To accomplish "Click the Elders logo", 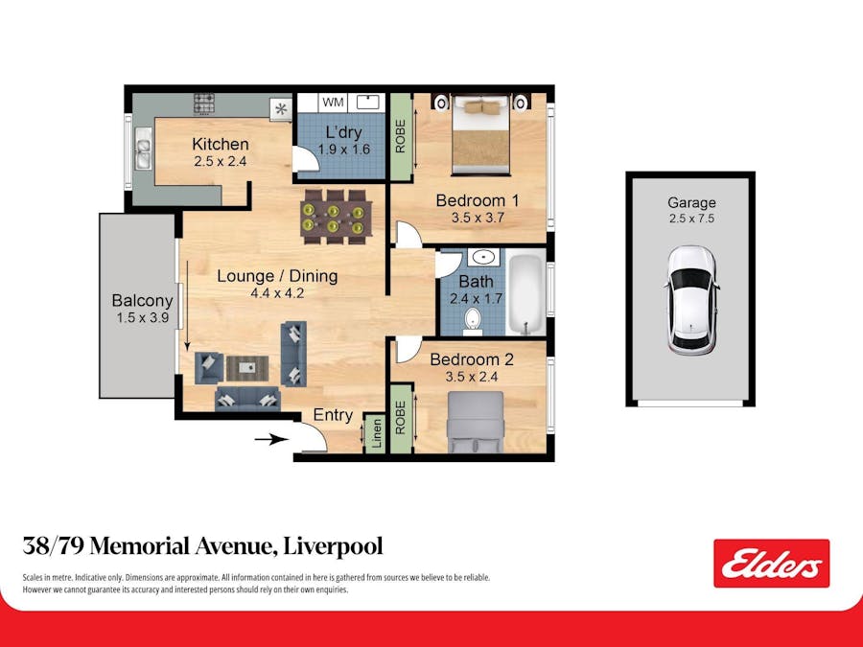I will [x=771, y=564].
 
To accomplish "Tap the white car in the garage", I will [x=691, y=300].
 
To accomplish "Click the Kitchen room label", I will [x=220, y=145].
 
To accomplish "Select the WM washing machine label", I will [x=332, y=102].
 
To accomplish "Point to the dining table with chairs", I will [x=333, y=213].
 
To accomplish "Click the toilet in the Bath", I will [x=473, y=318].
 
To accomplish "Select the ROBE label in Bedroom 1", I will [x=401, y=135].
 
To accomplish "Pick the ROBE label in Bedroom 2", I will [x=401, y=417].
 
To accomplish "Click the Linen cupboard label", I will [x=376, y=433].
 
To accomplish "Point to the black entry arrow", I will [x=272, y=440].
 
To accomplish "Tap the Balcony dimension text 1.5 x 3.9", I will [x=141, y=318].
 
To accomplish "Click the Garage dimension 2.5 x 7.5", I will [x=691, y=219].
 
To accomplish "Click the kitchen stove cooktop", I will [x=203, y=103].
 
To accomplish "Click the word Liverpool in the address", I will [x=332, y=546].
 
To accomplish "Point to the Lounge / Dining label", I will [x=277, y=276].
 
